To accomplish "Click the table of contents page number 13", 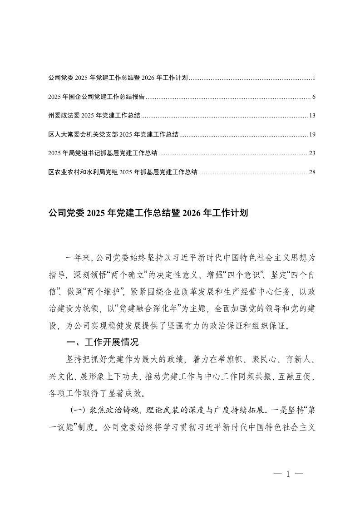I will tap(312, 116).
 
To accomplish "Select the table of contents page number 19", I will tap(312, 135).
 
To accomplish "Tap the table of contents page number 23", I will tap(312, 153).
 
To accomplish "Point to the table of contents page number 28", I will tap(312, 172).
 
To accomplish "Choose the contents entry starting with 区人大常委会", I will tap(113, 135).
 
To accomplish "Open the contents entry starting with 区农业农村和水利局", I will tap(123, 172).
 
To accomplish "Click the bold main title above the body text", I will tap(148, 213).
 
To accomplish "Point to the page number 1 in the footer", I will tap(288, 474).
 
